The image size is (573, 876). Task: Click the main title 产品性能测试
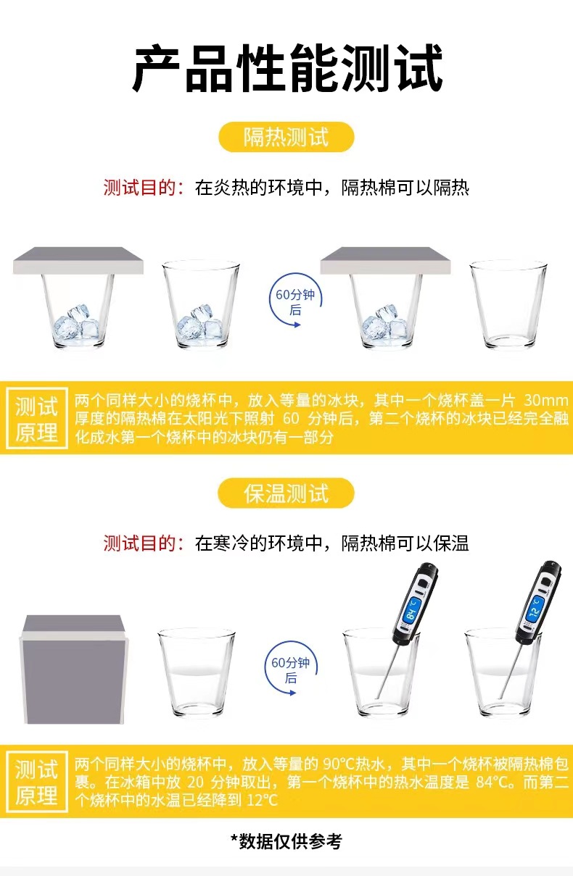tap(288, 68)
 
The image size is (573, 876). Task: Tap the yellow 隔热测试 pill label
tap(286, 137)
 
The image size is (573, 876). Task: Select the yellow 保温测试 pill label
tap(286, 493)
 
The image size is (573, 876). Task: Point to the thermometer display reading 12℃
tap(535, 608)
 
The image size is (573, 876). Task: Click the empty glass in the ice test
tap(508, 304)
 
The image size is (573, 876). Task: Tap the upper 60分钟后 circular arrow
tap(295, 300)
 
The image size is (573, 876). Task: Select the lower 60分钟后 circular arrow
tap(290, 668)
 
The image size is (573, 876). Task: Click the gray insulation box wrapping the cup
tap(73, 669)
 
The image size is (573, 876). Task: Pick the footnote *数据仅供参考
tap(286, 841)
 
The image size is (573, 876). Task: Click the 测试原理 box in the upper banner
tap(37, 418)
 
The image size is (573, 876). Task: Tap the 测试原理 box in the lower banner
tap(37, 782)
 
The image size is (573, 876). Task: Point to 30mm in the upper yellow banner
tap(545, 401)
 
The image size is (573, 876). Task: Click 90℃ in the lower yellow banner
tap(338, 764)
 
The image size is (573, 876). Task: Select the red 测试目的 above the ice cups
tap(144, 188)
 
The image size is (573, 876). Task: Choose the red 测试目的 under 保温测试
tap(144, 543)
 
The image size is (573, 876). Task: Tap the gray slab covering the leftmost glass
tap(78, 260)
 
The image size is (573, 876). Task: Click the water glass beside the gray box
tap(197, 672)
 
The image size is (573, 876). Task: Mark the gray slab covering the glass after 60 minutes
tap(386, 260)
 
